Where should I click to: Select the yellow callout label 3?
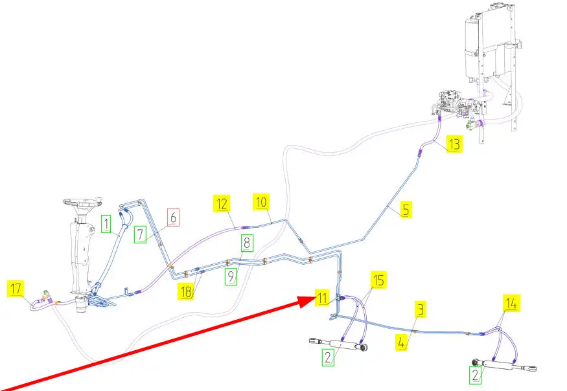click(421, 310)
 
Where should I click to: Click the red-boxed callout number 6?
click(173, 218)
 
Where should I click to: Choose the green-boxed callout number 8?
click(246, 243)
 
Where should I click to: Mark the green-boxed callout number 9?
click(231, 278)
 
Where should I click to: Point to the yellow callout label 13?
click(454, 144)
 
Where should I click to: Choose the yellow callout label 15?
click(379, 280)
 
